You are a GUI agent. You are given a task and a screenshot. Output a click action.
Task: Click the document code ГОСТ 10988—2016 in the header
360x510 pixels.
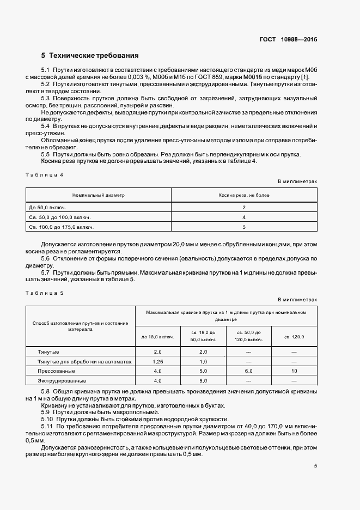click(x=289, y=40)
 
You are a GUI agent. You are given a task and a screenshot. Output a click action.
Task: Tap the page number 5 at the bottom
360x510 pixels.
click(x=315, y=466)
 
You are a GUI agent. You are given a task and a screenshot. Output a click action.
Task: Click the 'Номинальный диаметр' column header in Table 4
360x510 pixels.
click(x=99, y=195)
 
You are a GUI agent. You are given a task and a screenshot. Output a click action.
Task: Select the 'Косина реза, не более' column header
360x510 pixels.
click(x=244, y=195)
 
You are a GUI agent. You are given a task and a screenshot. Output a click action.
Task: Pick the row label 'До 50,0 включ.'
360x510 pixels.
click(x=46, y=208)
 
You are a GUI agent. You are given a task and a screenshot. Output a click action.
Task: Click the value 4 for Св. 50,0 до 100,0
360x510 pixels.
click(x=244, y=217)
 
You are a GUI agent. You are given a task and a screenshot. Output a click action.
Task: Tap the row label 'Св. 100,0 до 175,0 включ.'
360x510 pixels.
click(x=60, y=227)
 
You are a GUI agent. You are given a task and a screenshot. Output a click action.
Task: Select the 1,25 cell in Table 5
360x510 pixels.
click(x=158, y=361)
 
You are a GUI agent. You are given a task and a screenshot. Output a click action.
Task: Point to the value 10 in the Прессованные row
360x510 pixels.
click(x=294, y=371)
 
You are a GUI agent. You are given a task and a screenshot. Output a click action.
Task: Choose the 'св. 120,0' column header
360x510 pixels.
click(x=294, y=337)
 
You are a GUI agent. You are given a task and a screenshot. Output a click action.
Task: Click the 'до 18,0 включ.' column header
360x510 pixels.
click(x=158, y=337)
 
